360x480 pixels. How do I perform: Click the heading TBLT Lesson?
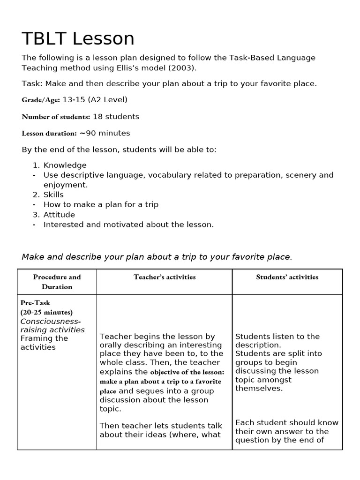[x=78, y=38]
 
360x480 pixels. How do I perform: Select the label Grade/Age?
[x=41, y=100]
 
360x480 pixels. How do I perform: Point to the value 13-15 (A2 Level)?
[x=95, y=99]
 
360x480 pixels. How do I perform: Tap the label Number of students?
[x=56, y=117]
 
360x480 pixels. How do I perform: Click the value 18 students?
[x=116, y=116]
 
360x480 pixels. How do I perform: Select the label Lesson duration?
[x=49, y=134]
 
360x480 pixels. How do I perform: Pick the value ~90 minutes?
[x=105, y=133]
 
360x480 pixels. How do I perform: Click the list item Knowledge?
[x=65, y=165]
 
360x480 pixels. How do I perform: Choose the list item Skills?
[x=53, y=195]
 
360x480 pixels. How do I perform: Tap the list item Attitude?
[x=59, y=215]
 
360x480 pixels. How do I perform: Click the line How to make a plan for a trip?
[x=101, y=204]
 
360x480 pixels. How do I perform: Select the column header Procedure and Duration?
[x=57, y=282]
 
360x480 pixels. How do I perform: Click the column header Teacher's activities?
[x=165, y=277]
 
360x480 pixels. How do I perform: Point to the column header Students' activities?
[x=287, y=277]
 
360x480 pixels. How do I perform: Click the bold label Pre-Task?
[x=35, y=303]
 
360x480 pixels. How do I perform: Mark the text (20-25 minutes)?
[x=46, y=312]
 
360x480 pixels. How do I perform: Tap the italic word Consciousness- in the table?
[x=51, y=321]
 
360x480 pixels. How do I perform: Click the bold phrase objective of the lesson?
[x=187, y=372]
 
